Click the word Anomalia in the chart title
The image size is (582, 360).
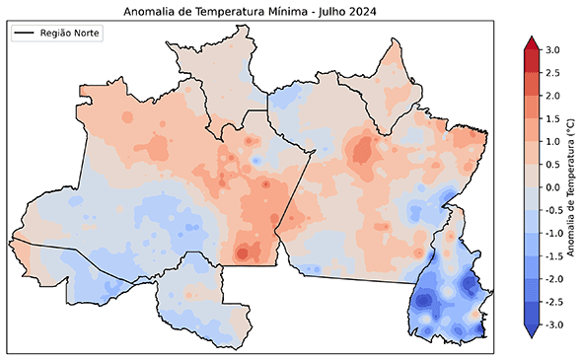coord(152,11)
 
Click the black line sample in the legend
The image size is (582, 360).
coord(25,34)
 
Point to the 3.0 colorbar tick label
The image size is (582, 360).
coord(553,49)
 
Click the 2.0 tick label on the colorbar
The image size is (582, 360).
coord(553,96)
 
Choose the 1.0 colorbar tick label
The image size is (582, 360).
coord(553,141)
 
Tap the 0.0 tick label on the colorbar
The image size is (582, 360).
coord(553,186)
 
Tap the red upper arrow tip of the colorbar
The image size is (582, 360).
coord(530,41)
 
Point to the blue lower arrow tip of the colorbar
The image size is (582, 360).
coord(530,332)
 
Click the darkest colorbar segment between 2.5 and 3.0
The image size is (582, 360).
coord(530,61)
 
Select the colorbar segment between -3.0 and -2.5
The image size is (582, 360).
coord(530,313)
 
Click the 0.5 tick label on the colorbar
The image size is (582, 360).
coord(553,164)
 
